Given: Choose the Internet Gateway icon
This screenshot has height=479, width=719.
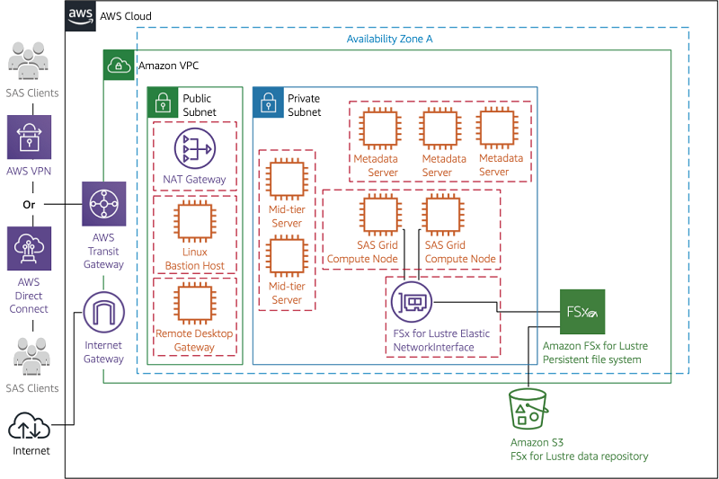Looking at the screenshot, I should coord(103,314).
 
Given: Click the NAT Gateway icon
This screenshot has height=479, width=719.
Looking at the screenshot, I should coord(194,149).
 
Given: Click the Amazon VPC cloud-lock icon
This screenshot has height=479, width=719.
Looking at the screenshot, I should coord(119,65).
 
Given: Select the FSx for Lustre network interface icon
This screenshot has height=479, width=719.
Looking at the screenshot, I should coord(412,304).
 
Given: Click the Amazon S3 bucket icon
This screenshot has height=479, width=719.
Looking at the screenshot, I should coord(528,410).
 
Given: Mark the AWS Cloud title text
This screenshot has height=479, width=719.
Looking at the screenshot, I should coord(126,16).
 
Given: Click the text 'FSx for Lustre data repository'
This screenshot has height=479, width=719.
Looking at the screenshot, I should coord(579,457).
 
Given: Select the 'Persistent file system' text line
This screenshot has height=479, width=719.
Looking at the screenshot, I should coord(592,359).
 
